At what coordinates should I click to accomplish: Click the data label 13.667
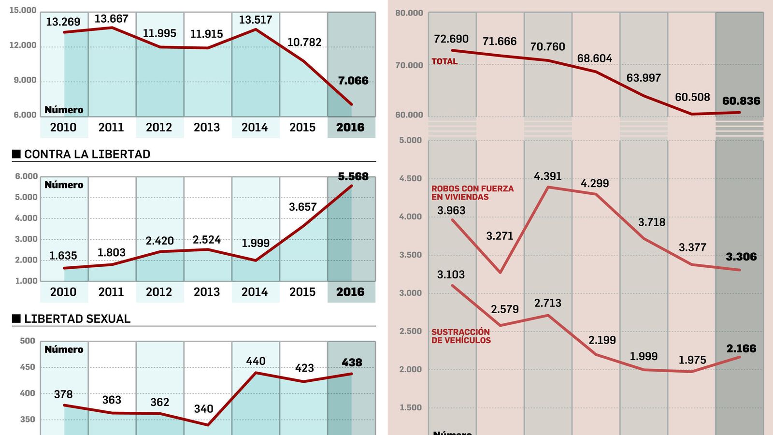pyautogui.click(x=111, y=19)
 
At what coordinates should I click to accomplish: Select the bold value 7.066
pyautogui.click(x=353, y=81)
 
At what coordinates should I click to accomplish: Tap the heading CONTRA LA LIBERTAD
pyautogui.click(x=87, y=154)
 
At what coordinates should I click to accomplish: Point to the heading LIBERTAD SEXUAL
pyautogui.click(x=77, y=319)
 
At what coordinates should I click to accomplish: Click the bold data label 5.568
pyautogui.click(x=353, y=177)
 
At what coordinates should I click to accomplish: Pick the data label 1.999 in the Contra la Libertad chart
pyautogui.click(x=256, y=243)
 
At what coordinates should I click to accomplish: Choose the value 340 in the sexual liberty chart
pyautogui.click(x=203, y=409)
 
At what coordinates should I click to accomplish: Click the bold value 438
pyautogui.click(x=352, y=362)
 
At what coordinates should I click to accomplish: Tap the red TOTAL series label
pyautogui.click(x=444, y=61)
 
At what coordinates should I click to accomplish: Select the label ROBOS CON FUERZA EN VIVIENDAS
pyautogui.click(x=472, y=193)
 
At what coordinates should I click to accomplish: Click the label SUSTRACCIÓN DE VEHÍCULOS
pyautogui.click(x=461, y=336)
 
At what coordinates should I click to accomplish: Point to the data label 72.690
pyautogui.click(x=451, y=39)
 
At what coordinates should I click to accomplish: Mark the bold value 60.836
pyautogui.click(x=741, y=101)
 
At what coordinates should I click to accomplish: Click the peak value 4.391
pyautogui.click(x=548, y=176)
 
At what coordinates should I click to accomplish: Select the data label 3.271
pyautogui.click(x=500, y=236)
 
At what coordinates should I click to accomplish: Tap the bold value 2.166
pyautogui.click(x=741, y=348)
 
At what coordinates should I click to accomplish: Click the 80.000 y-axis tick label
pyautogui.click(x=409, y=13)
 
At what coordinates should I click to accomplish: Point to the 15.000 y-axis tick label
pyautogui.click(x=23, y=10)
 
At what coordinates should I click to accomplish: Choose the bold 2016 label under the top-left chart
pyautogui.click(x=350, y=128)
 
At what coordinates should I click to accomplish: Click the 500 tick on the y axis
pyautogui.click(x=28, y=341)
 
